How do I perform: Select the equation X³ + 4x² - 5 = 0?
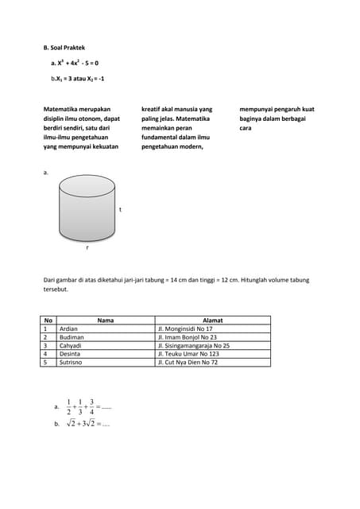[77, 63]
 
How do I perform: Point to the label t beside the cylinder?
[120, 210]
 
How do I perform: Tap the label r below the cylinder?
[87, 247]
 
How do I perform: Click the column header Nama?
[105, 320]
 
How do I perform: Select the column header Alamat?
[213, 320]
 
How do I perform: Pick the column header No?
[48, 320]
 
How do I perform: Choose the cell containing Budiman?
[72, 337]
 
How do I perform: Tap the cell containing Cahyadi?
[72, 346]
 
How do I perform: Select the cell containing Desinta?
[70, 354]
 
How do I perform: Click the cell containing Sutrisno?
[72, 363]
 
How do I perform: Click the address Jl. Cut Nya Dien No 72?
[188, 363]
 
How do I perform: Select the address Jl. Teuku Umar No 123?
[188, 354]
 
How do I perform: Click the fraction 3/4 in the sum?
[91, 406]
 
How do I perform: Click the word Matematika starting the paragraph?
[63, 108]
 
